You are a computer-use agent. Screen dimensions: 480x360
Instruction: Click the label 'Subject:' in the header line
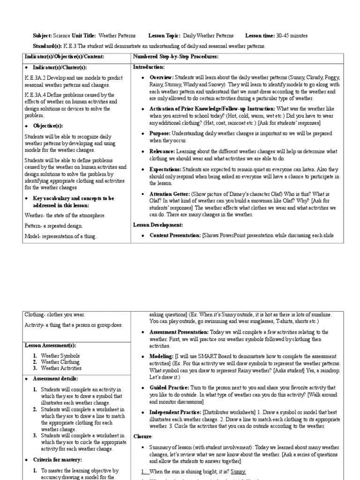42,36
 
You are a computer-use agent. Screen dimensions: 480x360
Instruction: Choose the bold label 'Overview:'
161,77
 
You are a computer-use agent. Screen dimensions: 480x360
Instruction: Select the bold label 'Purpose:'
160,134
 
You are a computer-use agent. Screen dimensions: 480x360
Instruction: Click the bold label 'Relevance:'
162,151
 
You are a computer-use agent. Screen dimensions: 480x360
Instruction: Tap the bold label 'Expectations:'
165,169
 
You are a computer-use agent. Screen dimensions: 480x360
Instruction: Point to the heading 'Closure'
142,435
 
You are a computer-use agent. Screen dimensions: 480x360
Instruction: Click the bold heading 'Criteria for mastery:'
57,459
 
